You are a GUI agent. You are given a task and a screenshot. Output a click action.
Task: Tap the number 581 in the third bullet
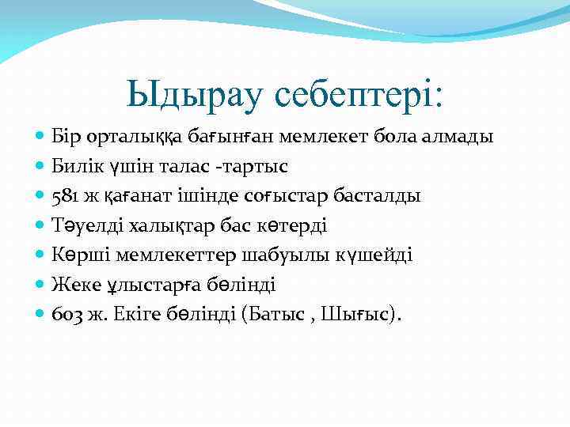pyautogui.click(x=64, y=196)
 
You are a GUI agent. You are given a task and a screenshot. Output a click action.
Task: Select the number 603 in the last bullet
pyautogui.click(x=66, y=313)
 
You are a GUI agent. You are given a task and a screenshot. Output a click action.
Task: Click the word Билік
pyautogui.click(x=75, y=167)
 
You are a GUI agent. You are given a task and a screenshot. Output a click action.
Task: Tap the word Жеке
pyautogui.click(x=73, y=284)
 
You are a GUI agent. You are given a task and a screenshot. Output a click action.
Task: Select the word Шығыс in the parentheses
pyautogui.click(x=358, y=313)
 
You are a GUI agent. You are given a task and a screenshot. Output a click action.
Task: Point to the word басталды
pyautogui.click(x=380, y=196)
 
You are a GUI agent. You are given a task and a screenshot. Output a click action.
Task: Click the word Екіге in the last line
pyautogui.click(x=143, y=313)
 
